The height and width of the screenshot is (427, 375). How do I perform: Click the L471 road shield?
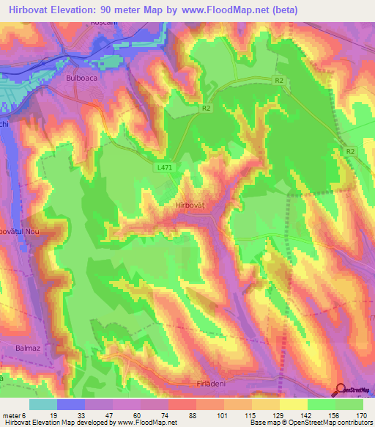point(165,167)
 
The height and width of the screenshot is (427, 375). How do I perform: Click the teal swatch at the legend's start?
point(43,404)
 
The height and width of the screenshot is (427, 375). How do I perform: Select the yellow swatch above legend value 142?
point(293,404)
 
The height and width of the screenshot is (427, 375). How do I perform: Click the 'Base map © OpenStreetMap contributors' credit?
point(311,423)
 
